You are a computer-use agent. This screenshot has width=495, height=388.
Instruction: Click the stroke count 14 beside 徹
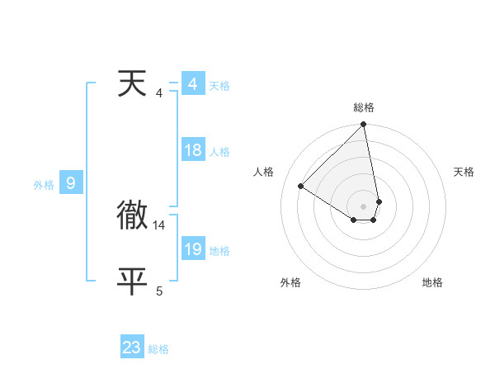159,225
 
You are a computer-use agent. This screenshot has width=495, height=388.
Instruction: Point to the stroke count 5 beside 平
159,291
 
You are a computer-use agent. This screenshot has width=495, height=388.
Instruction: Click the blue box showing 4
192,85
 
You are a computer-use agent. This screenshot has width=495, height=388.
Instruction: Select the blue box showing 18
192,150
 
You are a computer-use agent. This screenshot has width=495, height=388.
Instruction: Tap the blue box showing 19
192,249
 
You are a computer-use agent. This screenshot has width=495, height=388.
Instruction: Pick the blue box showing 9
71,183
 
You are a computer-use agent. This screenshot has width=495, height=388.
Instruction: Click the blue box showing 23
132,348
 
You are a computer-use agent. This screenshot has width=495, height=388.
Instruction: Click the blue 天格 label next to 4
219,86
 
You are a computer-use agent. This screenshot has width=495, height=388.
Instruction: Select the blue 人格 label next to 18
219,152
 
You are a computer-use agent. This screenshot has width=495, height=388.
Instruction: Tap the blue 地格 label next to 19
219,251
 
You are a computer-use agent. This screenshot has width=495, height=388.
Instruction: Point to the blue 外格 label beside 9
44,185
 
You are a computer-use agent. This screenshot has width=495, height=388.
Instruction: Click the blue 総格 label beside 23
158,349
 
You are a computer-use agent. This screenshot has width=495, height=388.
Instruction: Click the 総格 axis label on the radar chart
364,107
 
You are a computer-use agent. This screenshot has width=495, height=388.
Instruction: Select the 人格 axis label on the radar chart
263,172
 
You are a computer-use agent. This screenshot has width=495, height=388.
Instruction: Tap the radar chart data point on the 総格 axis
364,125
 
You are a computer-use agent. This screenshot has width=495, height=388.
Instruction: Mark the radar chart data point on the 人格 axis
301,187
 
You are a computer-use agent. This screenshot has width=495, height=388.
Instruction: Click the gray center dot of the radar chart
364,206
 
